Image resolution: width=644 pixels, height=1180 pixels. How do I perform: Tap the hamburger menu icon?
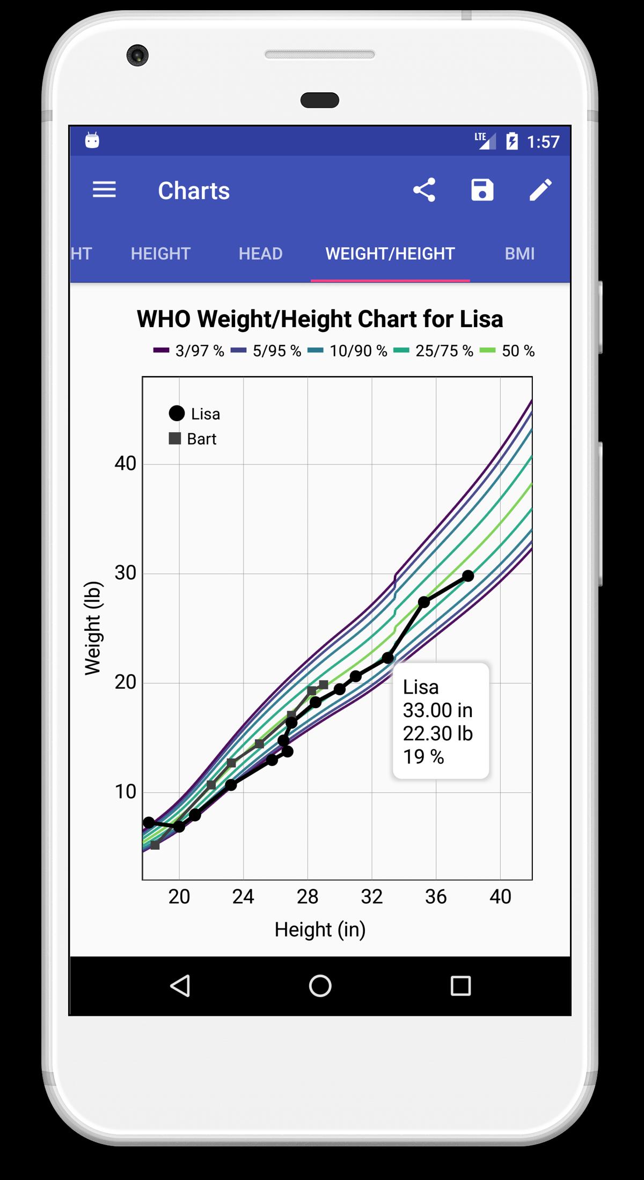[104, 190]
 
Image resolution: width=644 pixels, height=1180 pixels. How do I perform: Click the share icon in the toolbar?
[424, 190]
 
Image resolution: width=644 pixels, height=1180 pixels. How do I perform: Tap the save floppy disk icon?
[482, 190]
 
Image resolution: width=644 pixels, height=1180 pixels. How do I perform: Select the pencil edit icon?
[540, 190]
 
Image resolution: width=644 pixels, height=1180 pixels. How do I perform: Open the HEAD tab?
[260, 254]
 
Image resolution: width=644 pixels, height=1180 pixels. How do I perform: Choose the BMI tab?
[519, 254]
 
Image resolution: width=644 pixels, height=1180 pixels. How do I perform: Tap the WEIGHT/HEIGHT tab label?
[390, 254]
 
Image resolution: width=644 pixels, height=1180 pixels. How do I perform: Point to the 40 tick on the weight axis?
[126, 463]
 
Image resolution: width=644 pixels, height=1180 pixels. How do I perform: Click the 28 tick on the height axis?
[308, 897]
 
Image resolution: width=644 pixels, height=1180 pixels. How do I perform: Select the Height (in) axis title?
[320, 930]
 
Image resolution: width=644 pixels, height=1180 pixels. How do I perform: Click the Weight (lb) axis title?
[93, 628]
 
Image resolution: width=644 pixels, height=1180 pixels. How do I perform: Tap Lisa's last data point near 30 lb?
[468, 576]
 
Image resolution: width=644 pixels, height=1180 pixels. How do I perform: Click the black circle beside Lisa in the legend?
[177, 414]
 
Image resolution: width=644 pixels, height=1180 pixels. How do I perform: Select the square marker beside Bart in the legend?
[175, 439]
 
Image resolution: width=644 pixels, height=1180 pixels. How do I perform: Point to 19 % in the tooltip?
[423, 757]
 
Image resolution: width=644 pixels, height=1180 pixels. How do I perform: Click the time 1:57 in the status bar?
[543, 142]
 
